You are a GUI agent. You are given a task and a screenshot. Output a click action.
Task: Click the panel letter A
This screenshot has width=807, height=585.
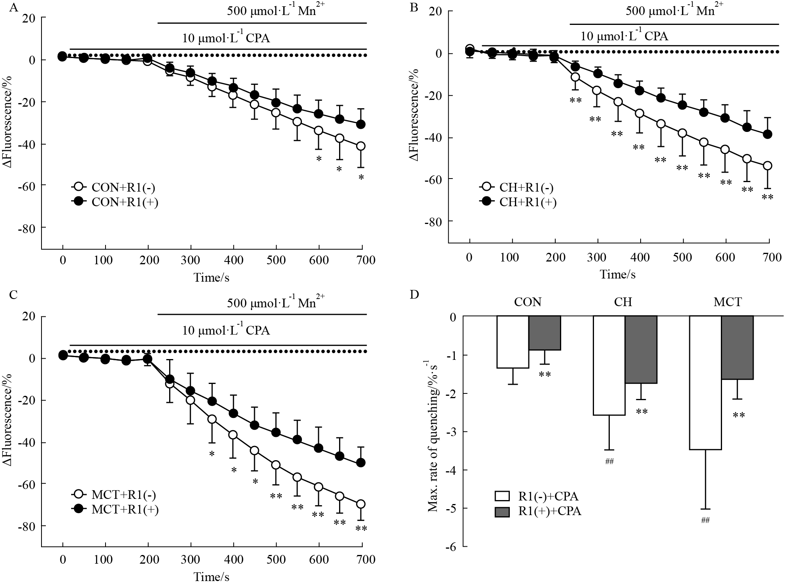point(14,8)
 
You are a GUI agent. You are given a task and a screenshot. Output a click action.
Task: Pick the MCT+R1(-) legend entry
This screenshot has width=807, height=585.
point(116,495)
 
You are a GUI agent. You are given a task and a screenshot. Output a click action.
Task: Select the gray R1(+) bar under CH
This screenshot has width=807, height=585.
point(641,350)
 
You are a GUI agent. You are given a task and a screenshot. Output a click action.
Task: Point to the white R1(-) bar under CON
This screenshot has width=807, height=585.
point(513,342)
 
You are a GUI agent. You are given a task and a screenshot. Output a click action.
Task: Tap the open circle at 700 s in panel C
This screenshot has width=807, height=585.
point(360,504)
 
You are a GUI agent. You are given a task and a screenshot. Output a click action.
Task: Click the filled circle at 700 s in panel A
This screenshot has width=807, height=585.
point(360,124)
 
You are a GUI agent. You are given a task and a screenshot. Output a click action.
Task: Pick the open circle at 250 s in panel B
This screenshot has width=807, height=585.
point(575,77)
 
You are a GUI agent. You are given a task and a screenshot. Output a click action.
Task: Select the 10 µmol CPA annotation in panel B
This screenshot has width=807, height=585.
point(624,37)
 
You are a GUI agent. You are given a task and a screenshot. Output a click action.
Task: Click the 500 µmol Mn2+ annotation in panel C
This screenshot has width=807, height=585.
point(276,303)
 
